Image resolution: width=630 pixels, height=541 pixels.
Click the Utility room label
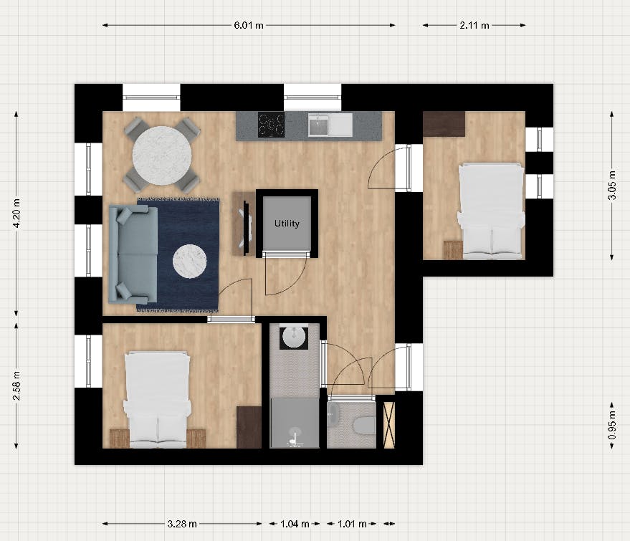(x=287, y=224)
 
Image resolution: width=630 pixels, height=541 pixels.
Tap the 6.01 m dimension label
(x=249, y=25)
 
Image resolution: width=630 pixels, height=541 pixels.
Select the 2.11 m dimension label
(x=474, y=25)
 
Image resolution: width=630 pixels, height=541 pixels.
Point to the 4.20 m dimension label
(x=16, y=214)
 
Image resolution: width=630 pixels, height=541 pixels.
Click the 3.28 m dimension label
(x=182, y=524)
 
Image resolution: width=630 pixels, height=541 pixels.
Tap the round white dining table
(x=162, y=154)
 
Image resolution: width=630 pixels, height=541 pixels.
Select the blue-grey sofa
(x=132, y=254)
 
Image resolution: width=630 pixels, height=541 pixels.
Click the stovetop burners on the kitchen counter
(x=271, y=125)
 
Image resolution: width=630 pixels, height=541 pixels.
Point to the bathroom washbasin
(x=294, y=337)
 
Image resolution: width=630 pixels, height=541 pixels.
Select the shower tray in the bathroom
(x=294, y=423)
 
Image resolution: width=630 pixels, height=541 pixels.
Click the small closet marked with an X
(x=389, y=425)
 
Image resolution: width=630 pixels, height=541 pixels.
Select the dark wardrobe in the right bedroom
(x=444, y=123)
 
